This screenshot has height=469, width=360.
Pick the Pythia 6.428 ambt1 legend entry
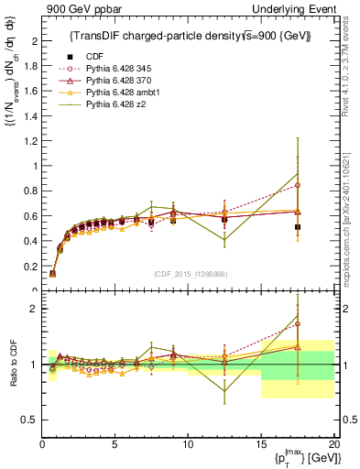114,94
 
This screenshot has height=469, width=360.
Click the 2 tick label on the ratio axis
32,309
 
